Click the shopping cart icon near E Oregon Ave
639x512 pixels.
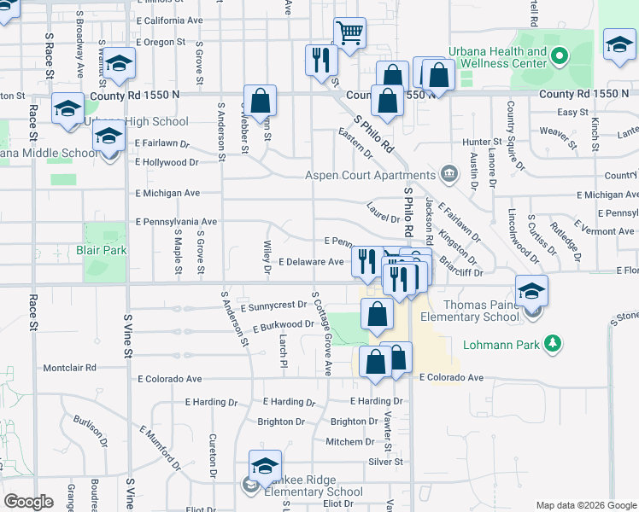(349, 33)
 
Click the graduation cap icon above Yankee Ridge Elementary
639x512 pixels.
(266, 466)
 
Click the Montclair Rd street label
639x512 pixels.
(73, 368)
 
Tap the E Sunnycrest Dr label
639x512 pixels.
(273, 305)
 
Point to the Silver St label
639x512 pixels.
(385, 462)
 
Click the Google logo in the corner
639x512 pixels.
(28, 502)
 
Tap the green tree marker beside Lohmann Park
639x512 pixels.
(554, 344)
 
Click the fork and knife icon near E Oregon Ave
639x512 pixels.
(321, 60)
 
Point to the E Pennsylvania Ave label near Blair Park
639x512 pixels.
(176, 221)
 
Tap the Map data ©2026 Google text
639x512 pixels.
(585, 505)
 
